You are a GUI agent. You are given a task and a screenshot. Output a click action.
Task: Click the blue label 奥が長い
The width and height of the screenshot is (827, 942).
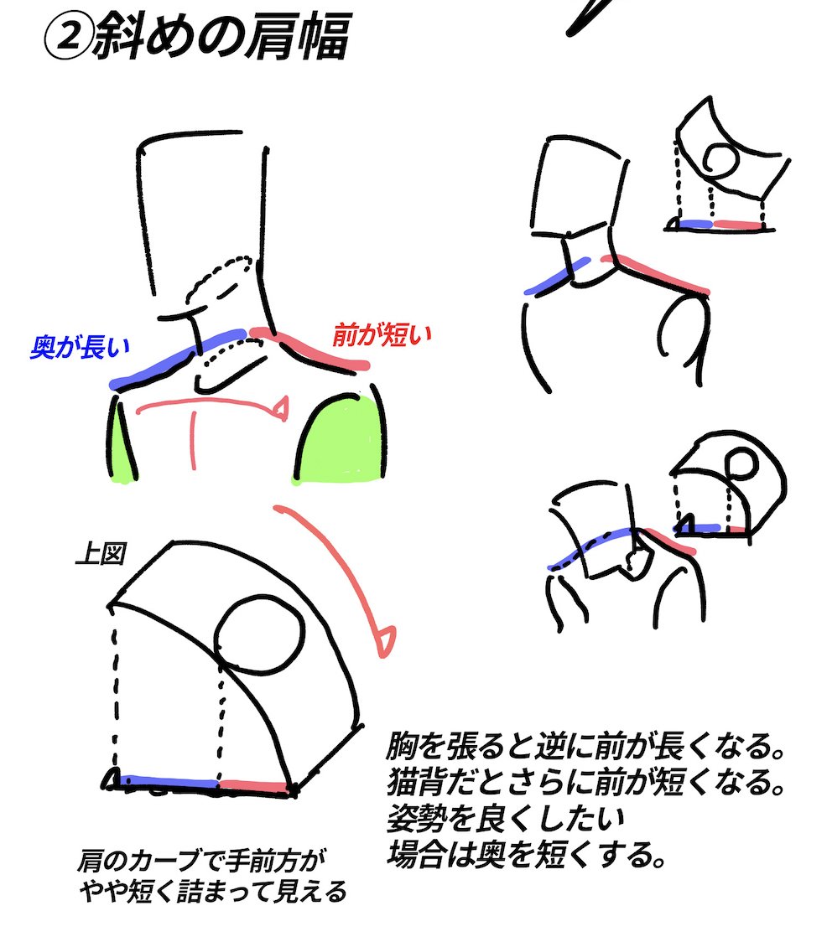pos(80,347)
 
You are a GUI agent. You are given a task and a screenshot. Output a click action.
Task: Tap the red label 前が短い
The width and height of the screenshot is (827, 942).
pos(382,334)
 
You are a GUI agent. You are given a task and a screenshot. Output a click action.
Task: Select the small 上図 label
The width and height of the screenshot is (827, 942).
pos(101,553)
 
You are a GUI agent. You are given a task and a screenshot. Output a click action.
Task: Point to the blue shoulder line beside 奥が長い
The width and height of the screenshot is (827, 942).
pos(179,358)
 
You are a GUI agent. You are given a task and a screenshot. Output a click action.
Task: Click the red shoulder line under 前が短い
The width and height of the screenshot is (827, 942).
pos(309,350)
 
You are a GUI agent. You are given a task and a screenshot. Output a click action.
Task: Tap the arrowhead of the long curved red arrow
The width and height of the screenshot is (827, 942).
pos(386,642)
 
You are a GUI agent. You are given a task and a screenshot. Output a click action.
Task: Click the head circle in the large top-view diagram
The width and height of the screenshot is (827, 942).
pos(260,633)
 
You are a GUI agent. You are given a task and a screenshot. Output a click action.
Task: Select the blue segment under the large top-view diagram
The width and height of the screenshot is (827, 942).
pos(169,782)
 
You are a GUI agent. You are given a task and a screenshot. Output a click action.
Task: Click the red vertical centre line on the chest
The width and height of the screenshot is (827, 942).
pos(194,440)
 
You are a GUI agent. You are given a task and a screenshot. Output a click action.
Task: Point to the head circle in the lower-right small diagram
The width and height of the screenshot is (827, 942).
pos(741,463)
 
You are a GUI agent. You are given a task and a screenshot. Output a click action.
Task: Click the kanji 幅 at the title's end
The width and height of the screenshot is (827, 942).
pos(326,37)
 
